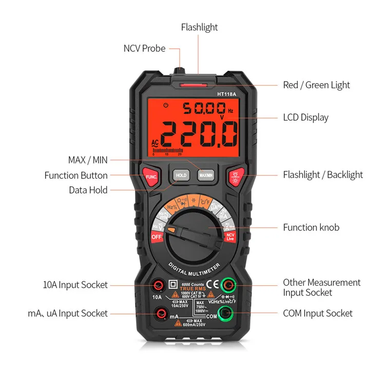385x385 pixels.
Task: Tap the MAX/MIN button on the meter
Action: point(206,174)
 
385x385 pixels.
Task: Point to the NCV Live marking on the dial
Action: point(230,237)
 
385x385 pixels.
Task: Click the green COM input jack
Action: point(224,313)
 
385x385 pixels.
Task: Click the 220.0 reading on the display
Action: point(199,134)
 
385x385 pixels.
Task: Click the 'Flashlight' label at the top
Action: point(199,27)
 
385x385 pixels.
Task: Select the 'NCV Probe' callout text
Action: point(144,48)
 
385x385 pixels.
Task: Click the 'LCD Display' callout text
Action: point(305,117)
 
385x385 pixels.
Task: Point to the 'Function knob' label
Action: point(311,227)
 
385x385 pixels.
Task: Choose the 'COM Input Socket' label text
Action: point(318,313)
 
